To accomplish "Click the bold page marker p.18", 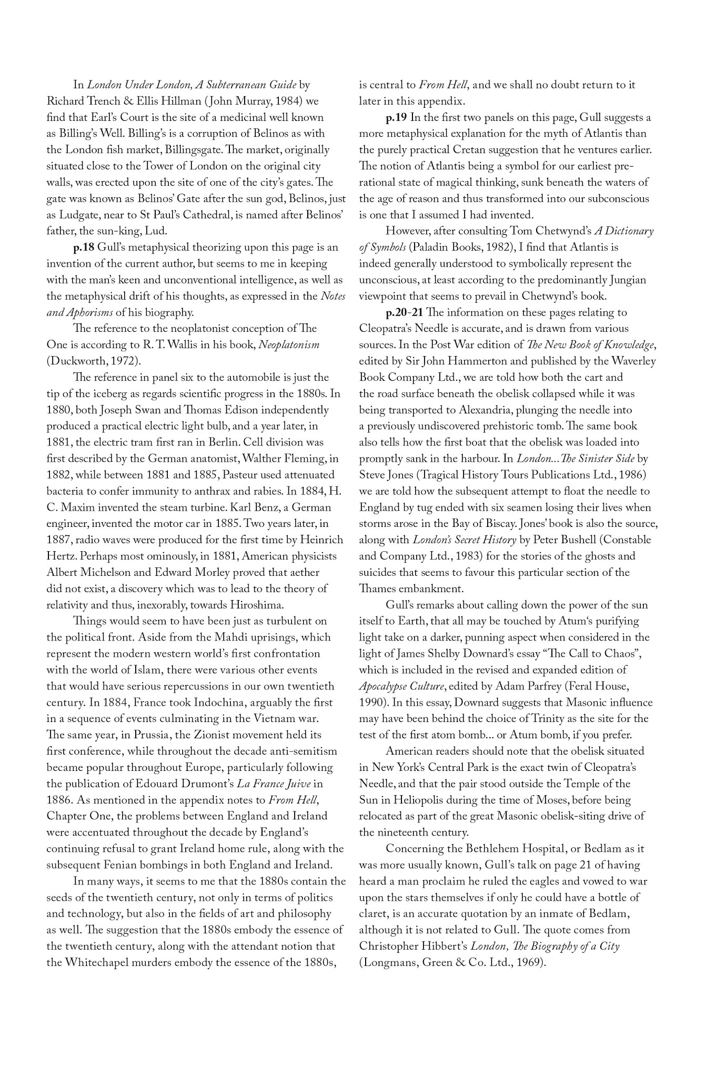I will pos(86,247).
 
